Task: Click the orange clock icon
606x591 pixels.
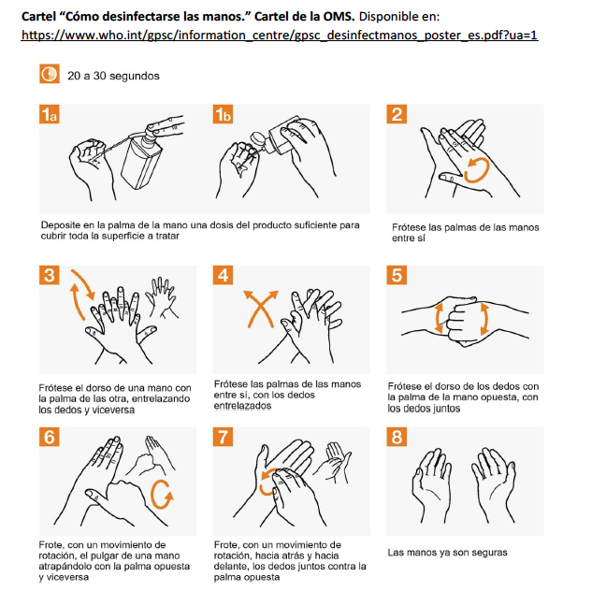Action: click(50, 74)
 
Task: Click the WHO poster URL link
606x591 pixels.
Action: click(280, 36)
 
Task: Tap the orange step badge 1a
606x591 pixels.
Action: click(49, 114)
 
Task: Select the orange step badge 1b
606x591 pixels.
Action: click(223, 114)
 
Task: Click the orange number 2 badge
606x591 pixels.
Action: click(397, 114)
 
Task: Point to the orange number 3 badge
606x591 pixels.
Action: click(49, 275)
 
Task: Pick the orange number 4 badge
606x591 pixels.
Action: click(223, 275)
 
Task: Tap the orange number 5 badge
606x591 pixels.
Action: click(397, 275)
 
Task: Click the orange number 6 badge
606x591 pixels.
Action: click(49, 437)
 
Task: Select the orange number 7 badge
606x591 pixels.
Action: click(223, 437)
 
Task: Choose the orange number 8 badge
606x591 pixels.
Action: click(397, 437)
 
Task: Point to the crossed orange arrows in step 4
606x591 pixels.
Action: click(261, 309)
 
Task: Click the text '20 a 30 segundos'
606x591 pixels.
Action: click(113, 76)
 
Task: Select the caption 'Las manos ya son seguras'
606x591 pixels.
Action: click(448, 553)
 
